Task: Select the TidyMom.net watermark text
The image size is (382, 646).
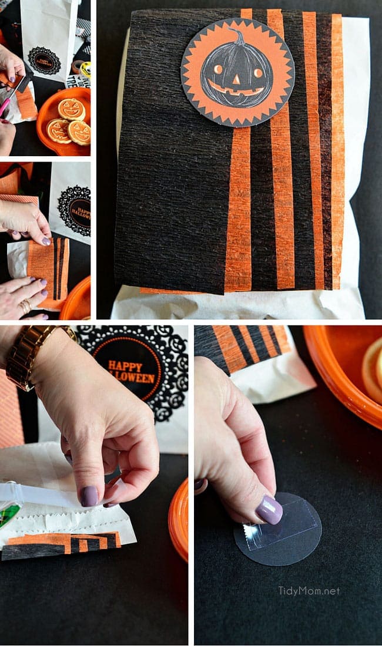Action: [x=309, y=591]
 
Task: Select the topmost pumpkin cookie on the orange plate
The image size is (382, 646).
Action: [x=71, y=109]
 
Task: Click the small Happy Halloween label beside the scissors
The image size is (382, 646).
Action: [x=44, y=60]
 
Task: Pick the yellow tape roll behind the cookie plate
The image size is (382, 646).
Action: [x=85, y=69]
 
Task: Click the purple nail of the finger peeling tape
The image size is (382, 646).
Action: [x=89, y=496]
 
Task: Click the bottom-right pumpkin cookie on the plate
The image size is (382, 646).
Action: [x=79, y=132]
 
